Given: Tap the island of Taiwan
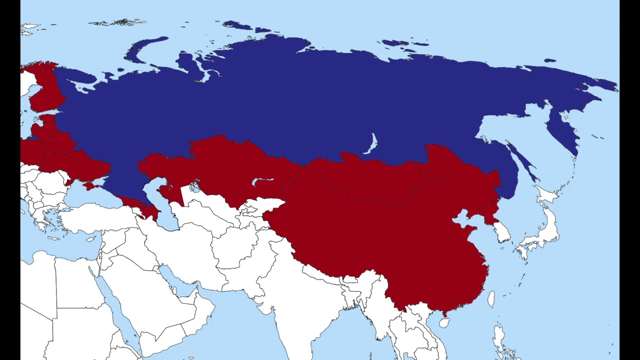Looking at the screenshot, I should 491,299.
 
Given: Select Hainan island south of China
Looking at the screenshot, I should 443,322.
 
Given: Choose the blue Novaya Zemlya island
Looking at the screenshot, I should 145,47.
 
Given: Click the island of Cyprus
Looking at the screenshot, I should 91,239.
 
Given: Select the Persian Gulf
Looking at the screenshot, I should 177,282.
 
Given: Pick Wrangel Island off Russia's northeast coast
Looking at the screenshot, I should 550,60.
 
